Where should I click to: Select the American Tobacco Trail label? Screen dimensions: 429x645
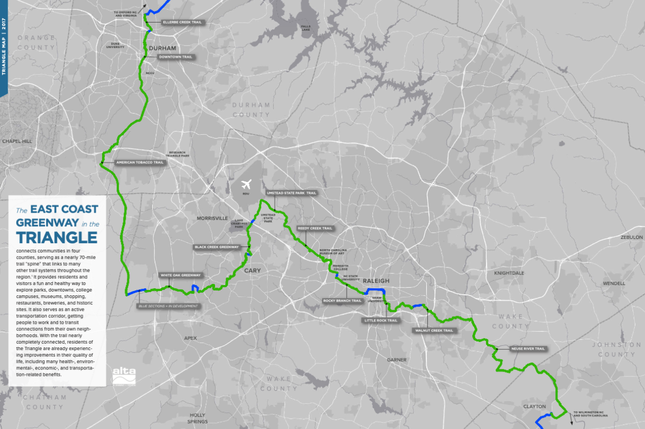(139, 162)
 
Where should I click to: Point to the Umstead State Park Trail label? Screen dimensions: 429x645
(291, 192)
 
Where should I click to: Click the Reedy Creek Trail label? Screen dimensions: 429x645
(315, 228)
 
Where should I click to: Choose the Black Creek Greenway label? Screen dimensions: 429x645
(217, 248)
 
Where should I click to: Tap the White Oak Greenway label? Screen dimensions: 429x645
(181, 275)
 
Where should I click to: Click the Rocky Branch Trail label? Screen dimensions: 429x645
(342, 301)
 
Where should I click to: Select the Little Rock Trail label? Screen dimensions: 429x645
(381, 321)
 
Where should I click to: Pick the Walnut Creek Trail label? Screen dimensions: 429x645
(434, 331)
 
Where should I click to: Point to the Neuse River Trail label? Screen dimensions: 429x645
(528, 349)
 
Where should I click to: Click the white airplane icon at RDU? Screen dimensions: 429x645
(247, 184)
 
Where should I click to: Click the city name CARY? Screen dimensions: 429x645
(252, 271)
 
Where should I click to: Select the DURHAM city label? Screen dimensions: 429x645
(162, 48)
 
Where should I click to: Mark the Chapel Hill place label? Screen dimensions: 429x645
(17, 141)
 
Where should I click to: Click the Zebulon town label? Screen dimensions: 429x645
(631, 237)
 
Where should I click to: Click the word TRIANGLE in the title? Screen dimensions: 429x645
(56, 237)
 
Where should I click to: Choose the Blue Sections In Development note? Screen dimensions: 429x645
(167, 306)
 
